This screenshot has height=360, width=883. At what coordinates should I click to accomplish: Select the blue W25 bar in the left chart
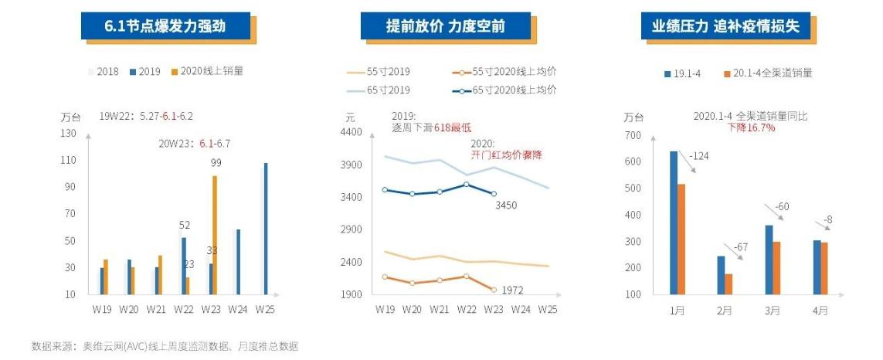pyautogui.click(x=266, y=229)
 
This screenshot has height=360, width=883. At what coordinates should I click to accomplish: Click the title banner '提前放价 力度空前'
pyautogui.click(x=446, y=26)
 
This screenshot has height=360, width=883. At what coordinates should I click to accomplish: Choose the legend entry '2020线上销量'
pyautogui.click(x=206, y=71)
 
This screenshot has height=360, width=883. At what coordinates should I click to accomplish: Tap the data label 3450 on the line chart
pyautogui.click(x=506, y=205)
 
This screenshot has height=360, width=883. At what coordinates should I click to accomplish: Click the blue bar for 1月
pyautogui.click(x=674, y=222)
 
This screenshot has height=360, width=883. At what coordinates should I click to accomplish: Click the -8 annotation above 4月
pyautogui.click(x=827, y=220)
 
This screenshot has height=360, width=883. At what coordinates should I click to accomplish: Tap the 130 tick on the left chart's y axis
pyautogui.click(x=70, y=133)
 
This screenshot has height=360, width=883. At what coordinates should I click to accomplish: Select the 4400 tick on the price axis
pyautogui.click(x=351, y=133)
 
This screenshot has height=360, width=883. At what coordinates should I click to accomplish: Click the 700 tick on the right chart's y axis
pyautogui.click(x=633, y=135)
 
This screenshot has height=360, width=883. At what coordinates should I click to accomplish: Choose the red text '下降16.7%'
pyautogui.click(x=751, y=127)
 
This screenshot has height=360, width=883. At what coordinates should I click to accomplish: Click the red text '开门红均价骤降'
pyautogui.click(x=506, y=155)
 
